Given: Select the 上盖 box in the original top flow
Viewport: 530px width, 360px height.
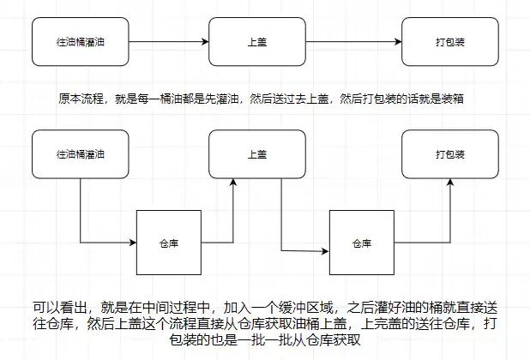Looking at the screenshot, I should click(x=256, y=41).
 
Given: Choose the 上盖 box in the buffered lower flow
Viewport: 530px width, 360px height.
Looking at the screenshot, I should click(x=256, y=155).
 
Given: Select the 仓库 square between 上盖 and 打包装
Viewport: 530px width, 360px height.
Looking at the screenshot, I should click(x=361, y=243).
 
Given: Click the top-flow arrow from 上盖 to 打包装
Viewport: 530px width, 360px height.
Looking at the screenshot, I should click(x=354, y=41).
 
